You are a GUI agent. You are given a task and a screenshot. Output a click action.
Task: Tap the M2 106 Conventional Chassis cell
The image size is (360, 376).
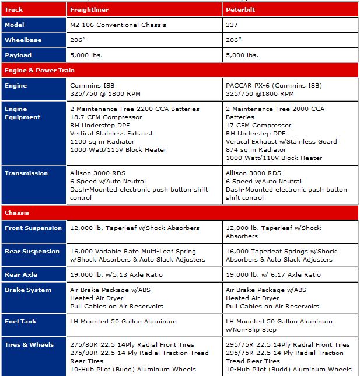point(118,25)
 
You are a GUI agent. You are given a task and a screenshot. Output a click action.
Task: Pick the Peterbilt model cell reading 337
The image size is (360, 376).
point(232,25)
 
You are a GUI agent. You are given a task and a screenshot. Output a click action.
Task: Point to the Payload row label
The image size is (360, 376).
point(18,55)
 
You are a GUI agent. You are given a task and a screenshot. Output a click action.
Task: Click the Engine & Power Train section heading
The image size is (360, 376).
point(40,70)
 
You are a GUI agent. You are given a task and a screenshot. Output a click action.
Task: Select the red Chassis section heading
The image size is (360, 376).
point(17,213)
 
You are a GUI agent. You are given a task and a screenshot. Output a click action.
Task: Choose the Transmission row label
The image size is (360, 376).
point(27,173)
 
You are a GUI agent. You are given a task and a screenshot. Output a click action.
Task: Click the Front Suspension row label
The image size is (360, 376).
point(33,228)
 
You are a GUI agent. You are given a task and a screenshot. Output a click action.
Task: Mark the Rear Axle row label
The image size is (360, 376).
point(21,274)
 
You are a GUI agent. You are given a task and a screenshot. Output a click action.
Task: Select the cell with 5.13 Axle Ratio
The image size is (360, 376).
point(117,274)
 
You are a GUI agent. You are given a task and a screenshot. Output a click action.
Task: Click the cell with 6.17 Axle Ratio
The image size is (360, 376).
point(273,274)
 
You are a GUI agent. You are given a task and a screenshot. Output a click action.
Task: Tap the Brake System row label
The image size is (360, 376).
point(28,290)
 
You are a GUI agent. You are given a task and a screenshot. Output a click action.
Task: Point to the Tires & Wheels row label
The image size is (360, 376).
point(29,344)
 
